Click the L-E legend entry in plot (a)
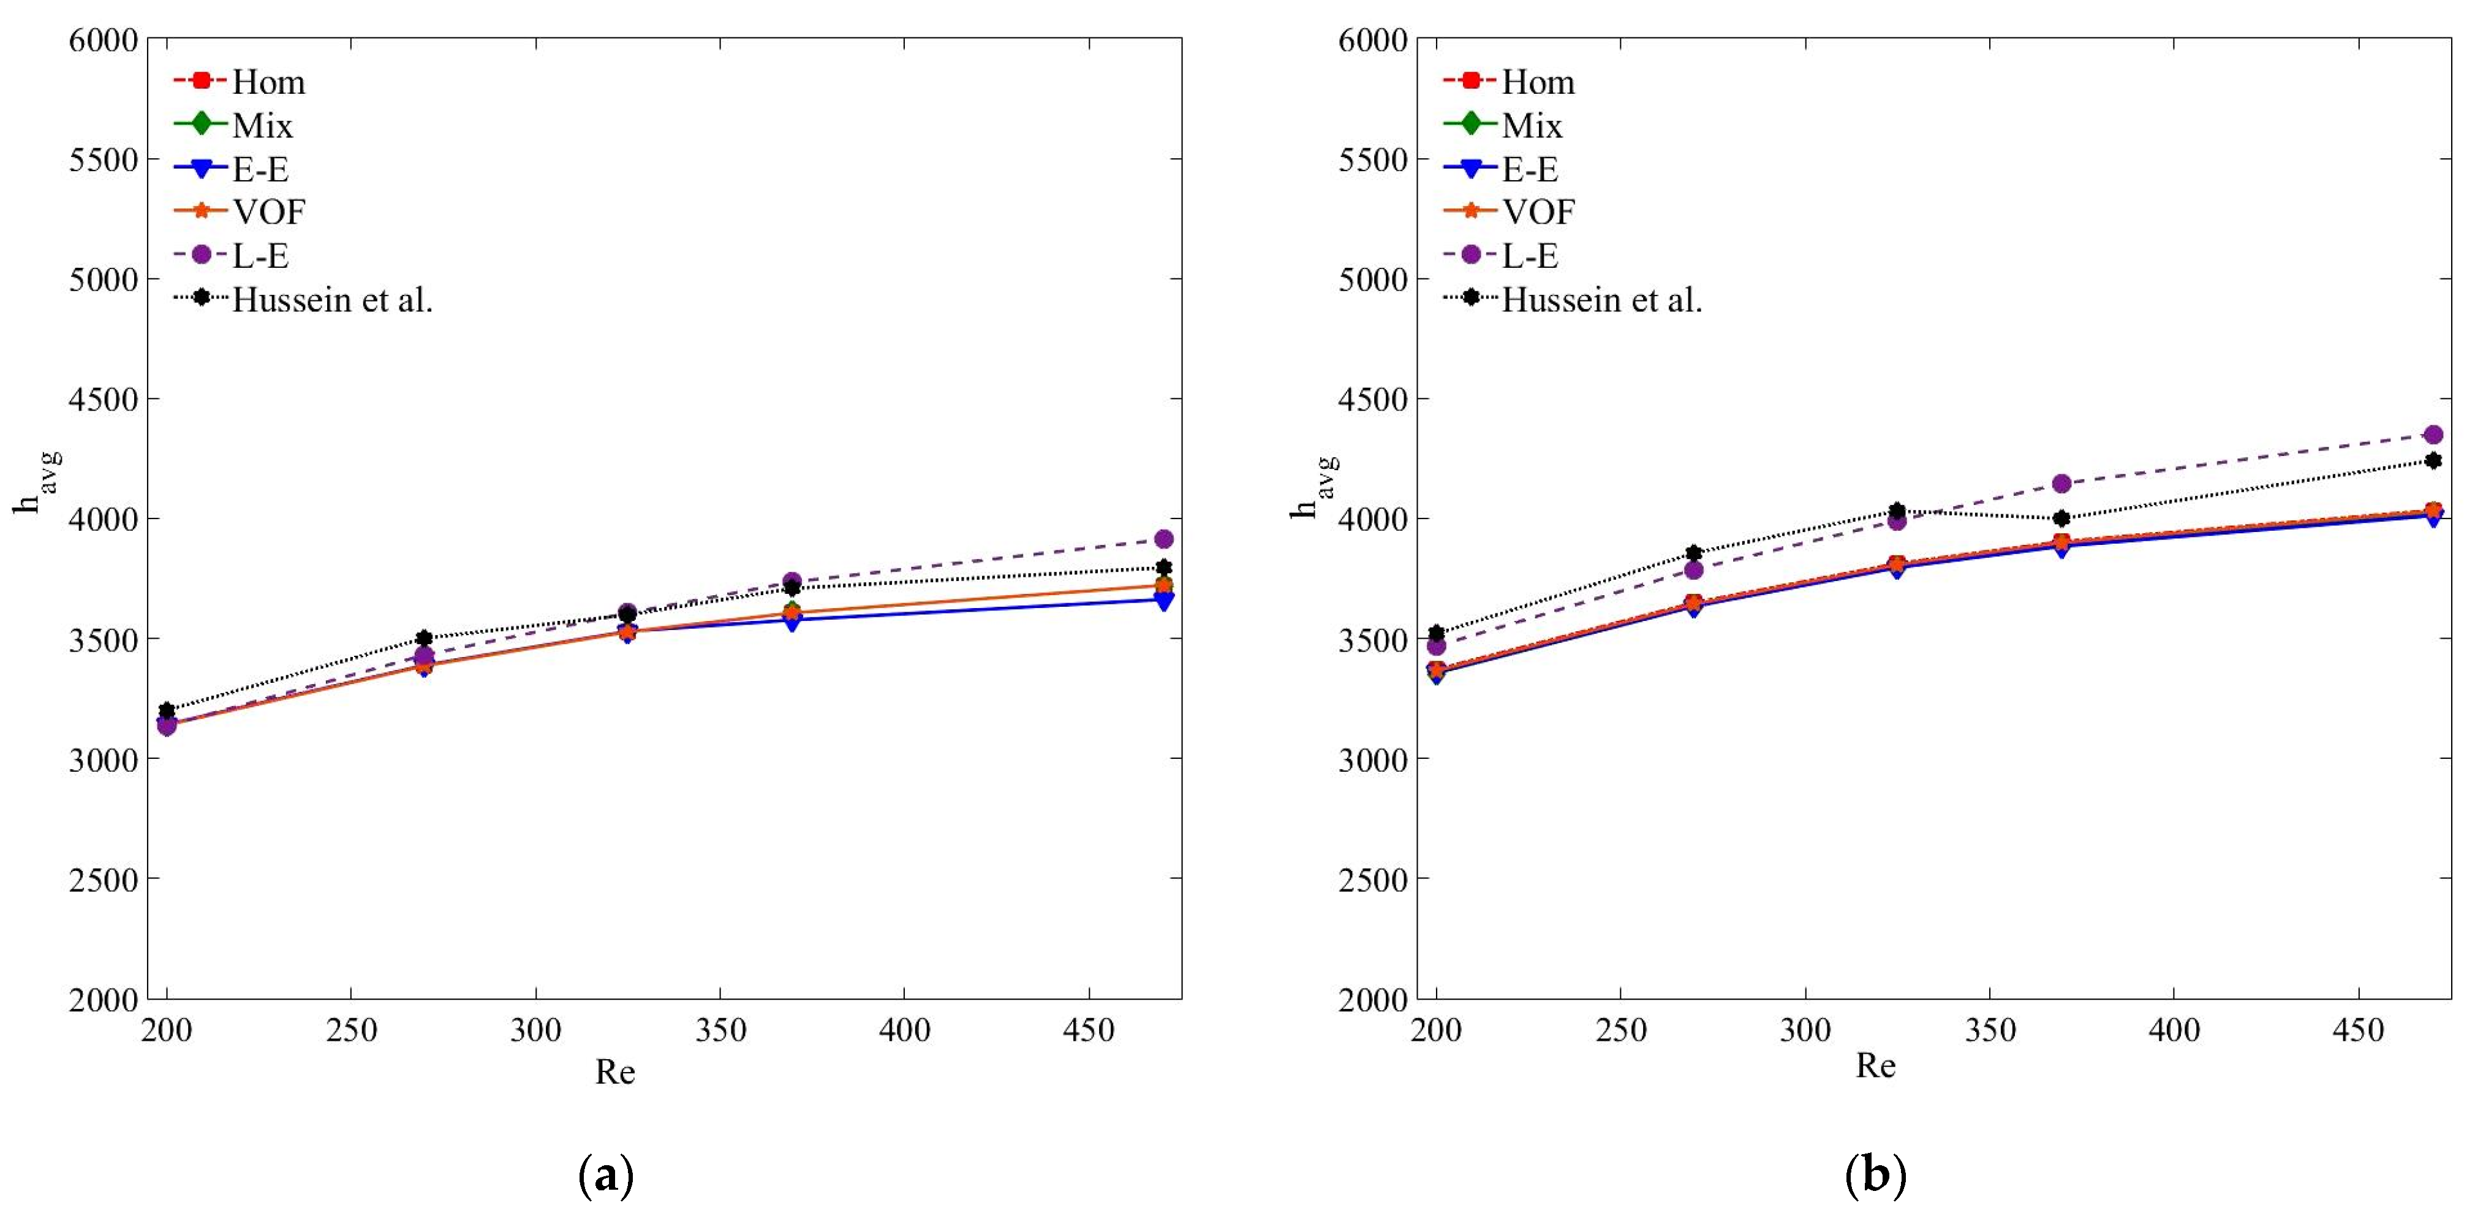click(x=259, y=256)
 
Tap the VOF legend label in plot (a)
click(x=268, y=211)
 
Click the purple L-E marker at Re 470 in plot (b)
click(x=2433, y=435)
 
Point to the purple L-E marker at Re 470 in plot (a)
click(x=1163, y=538)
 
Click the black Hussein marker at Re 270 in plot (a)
click(x=425, y=638)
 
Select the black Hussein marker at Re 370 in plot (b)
click(x=2061, y=518)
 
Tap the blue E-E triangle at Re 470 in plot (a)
click(x=1163, y=602)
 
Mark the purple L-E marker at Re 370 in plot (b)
click(x=2061, y=484)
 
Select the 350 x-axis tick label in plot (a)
click(x=720, y=1030)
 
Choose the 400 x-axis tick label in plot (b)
click(x=2174, y=1030)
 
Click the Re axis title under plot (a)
click(x=615, y=1071)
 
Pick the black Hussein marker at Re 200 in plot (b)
click(x=1437, y=633)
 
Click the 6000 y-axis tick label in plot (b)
click(x=1373, y=40)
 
